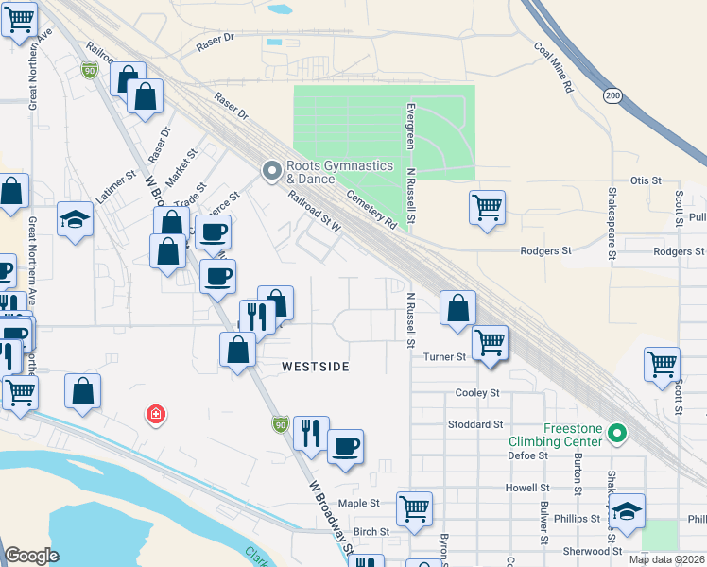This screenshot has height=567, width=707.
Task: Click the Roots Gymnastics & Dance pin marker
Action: [272, 171]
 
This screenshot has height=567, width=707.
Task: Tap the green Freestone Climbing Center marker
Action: [617, 434]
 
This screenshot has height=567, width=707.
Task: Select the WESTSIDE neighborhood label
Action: [316, 366]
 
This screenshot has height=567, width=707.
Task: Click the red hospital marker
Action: [155, 414]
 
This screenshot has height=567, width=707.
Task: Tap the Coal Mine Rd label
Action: [554, 67]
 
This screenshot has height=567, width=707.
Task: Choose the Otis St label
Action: [644, 180]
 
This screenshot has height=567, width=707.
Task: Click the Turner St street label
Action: [445, 356]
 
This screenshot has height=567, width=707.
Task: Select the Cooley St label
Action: [476, 392]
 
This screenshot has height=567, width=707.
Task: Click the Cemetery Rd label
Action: [371, 208]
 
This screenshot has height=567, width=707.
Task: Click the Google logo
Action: [31, 555]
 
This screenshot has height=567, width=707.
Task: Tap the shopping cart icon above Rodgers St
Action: [487, 207]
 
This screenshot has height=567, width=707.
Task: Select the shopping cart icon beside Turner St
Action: [490, 343]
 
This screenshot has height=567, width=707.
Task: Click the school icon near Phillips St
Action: [626, 511]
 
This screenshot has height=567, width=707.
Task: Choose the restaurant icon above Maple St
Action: [311, 433]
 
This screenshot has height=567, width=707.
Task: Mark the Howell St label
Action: [527, 488]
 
